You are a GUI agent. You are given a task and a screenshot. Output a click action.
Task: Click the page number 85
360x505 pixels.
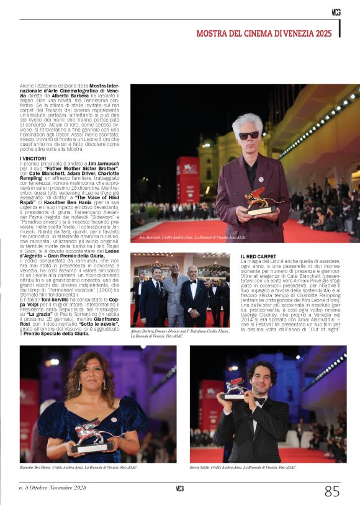point(332,491)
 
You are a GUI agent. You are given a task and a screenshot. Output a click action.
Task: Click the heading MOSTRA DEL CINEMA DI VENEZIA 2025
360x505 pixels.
point(264,33)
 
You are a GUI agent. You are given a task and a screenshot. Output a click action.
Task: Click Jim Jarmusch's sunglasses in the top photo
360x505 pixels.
point(249,135)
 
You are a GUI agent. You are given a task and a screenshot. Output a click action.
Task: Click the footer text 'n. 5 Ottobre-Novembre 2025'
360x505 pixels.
point(53,489)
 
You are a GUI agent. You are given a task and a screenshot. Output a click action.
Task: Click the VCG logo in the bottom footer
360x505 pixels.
point(179,489)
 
